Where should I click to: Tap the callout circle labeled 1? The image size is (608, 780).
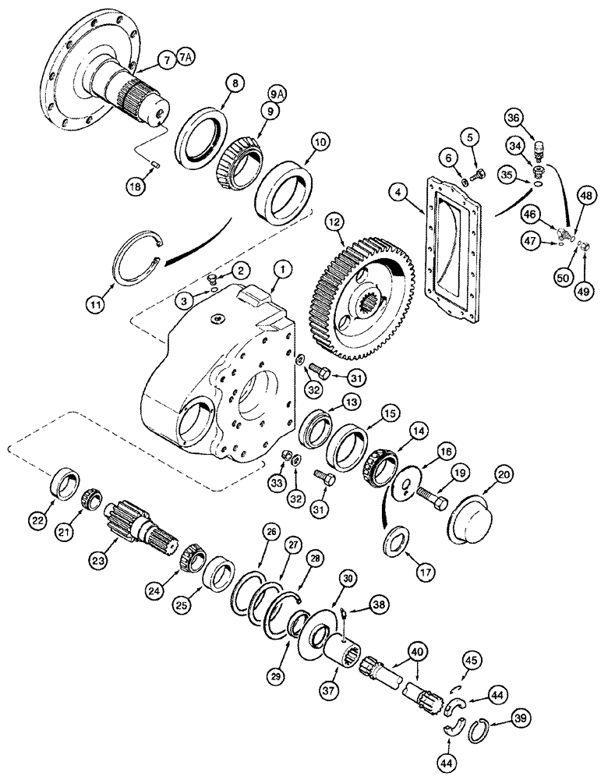pyautogui.click(x=280, y=272)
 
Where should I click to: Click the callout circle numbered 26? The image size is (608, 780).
pyautogui.click(x=270, y=533)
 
